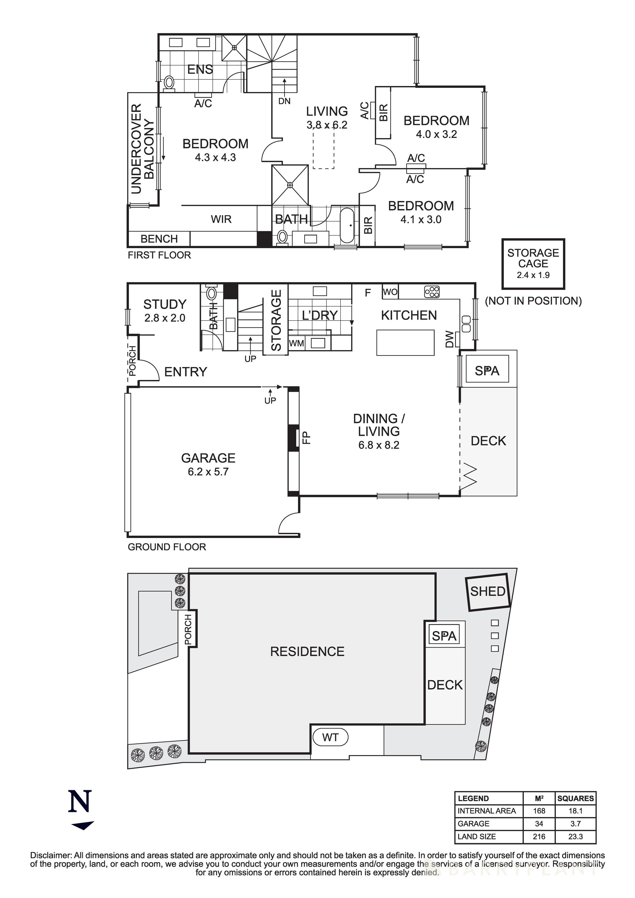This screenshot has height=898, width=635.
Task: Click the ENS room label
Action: point(200,70)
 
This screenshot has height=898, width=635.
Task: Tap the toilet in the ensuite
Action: point(169,83)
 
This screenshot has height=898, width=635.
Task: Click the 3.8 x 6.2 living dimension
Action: point(327,125)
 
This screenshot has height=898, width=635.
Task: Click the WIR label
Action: point(221,219)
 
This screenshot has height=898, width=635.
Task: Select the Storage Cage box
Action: point(533,263)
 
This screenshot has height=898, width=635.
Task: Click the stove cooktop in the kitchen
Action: point(432,292)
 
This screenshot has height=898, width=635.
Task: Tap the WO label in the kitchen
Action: point(390,292)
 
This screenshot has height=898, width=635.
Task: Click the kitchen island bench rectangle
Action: point(405,343)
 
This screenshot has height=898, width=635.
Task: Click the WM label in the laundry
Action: point(296,343)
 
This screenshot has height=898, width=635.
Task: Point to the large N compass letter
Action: point(80,801)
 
